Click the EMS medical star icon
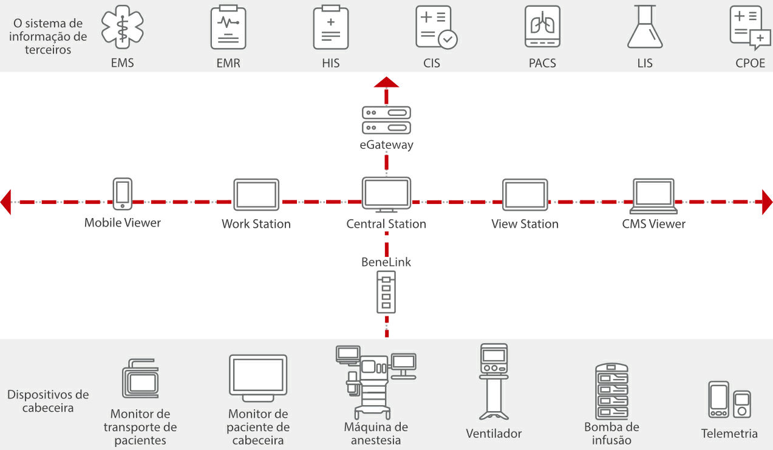point(123,27)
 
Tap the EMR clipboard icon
point(228,27)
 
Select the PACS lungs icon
point(542,27)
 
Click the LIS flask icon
point(645,27)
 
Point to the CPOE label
point(751,63)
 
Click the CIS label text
point(432,63)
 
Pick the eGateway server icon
point(386,120)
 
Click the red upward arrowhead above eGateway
point(386,83)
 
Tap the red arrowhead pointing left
point(6,202)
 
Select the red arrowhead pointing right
point(767,202)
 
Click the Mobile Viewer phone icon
point(123,194)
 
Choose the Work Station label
point(256,224)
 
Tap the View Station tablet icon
point(525,194)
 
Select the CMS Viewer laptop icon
point(654,196)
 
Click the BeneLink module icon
point(386,292)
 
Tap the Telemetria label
point(729,434)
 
